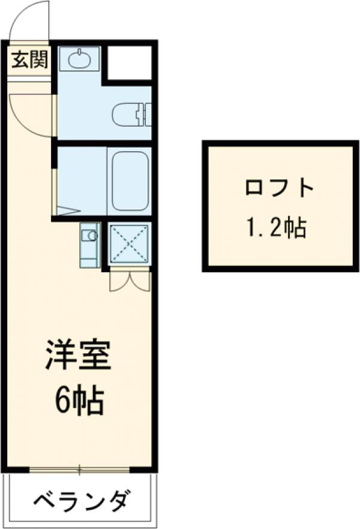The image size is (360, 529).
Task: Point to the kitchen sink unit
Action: point(89,245)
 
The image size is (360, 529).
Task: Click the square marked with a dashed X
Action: point(129,244)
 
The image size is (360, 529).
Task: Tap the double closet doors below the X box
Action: point(129,279)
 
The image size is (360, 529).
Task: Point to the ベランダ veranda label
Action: point(80,500)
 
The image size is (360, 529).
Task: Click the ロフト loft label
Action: point(279,189)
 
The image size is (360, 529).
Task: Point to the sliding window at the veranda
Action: point(80,468)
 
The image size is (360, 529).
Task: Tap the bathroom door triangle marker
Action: point(67,210)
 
